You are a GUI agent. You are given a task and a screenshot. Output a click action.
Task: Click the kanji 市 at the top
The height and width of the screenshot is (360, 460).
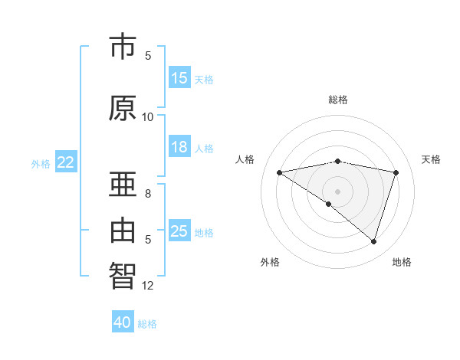coord(123,47)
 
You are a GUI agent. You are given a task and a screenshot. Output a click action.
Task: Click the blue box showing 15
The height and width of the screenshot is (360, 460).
coord(179,78)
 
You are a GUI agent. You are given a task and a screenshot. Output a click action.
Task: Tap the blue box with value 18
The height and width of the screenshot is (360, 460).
coord(179,147)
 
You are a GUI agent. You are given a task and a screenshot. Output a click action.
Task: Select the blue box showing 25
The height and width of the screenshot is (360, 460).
coord(179,231)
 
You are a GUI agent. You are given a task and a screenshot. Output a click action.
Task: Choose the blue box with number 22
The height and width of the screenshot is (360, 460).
coord(66,162)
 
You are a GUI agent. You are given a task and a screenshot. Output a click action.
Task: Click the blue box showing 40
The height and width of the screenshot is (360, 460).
coord(123,322)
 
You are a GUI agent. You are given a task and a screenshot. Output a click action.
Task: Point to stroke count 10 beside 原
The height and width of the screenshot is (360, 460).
coord(148,117)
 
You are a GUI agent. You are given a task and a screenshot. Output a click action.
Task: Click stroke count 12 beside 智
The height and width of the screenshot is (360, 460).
coord(148,286)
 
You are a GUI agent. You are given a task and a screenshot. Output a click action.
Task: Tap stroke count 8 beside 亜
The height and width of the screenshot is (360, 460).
coord(148,194)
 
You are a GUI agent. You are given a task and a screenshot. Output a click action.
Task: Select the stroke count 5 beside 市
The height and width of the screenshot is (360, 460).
coord(148,56)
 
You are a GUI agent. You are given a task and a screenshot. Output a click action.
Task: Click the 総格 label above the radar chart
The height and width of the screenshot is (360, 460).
coord(338,100)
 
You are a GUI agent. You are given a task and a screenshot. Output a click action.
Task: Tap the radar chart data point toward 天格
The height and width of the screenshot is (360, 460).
coord(396,172)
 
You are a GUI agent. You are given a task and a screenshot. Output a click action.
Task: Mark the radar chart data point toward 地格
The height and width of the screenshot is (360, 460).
coord(374,241)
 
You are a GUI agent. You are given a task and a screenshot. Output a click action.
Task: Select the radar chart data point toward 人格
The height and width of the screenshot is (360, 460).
coord(279,172)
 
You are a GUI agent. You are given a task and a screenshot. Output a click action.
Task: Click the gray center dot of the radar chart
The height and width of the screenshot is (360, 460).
coord(338,191)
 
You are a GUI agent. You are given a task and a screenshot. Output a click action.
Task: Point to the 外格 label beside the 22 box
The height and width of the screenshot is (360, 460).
coord(40,163)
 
